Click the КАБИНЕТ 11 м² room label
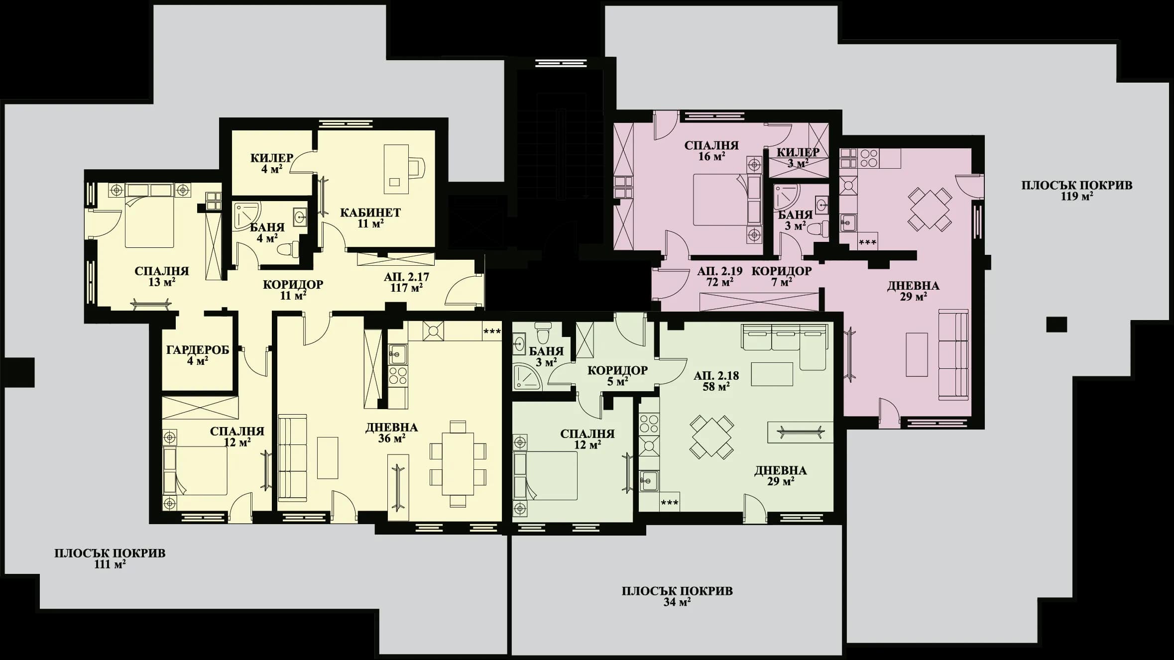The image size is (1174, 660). [x=370, y=218]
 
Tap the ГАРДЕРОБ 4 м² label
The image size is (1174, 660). [x=197, y=355]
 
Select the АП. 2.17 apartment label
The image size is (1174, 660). [x=406, y=282]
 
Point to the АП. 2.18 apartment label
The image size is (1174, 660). [x=716, y=381]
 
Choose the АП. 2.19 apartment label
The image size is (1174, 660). [x=719, y=276]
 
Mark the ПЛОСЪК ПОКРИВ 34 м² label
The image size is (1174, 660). [x=677, y=596]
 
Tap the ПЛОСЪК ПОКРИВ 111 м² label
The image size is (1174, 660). [x=110, y=558]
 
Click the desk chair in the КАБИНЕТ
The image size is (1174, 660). [x=417, y=167]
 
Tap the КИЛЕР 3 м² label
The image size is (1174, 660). [x=798, y=157]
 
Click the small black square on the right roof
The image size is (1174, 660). [x=1056, y=325]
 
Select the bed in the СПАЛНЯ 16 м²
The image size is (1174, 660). [x=719, y=199]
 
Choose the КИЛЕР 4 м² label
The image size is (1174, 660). [x=271, y=163]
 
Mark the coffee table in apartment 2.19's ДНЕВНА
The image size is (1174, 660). [x=917, y=354]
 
